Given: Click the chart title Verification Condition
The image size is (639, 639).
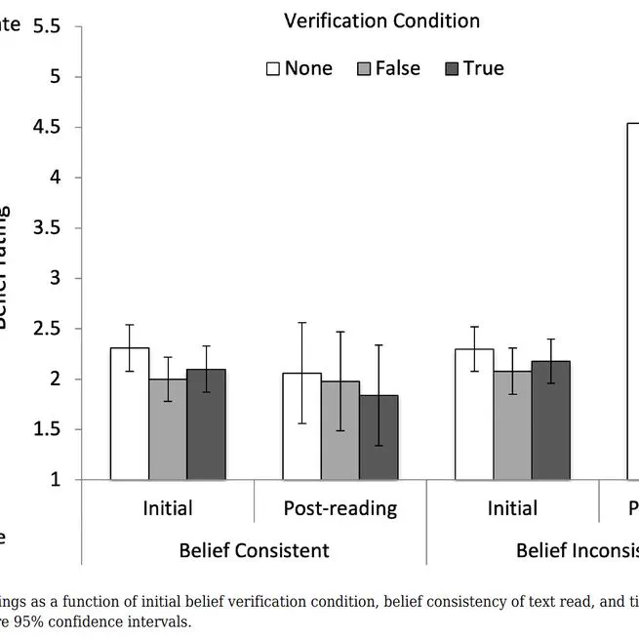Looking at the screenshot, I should coord(381,20).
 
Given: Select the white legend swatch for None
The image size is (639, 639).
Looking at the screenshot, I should coord(273,69).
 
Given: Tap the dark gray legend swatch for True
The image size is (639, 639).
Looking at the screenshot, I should coord(453,69).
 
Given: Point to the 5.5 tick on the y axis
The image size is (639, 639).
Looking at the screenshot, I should coord(46,26).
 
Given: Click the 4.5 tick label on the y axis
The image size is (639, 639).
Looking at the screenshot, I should coord(46,128).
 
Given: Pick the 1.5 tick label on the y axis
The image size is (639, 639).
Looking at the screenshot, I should coord(46,430).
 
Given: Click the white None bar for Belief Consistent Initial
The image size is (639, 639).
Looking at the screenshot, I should coord(129,414).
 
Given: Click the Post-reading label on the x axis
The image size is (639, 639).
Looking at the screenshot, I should coord(327,508).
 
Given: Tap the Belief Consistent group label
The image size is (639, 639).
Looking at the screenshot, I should coord(254,550).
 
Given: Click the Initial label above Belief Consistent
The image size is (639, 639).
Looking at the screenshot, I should coord(168,508).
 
